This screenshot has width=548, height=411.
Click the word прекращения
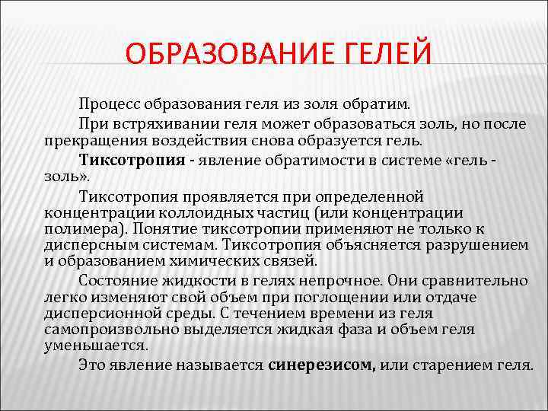[x=90, y=142]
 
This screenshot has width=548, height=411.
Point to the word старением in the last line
[x=450, y=364]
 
